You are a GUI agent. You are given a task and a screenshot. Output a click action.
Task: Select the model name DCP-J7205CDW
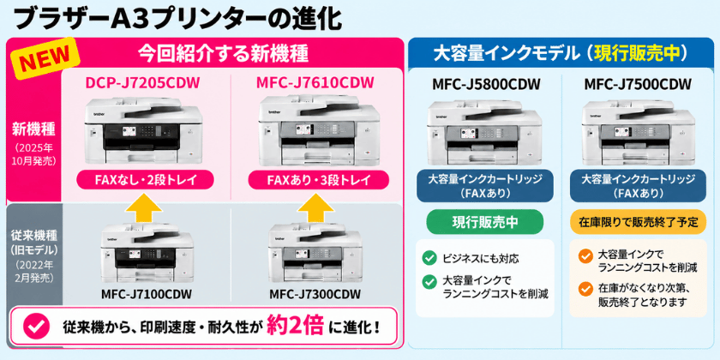(143, 83)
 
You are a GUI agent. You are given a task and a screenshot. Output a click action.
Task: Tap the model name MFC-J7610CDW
(315, 83)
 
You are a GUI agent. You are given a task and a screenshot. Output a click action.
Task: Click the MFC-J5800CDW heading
(486, 85)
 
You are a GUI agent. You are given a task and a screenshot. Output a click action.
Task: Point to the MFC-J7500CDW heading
(638, 85)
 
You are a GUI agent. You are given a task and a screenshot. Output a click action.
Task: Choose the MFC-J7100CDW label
(146, 293)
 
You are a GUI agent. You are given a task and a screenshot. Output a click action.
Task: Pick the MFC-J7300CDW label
(315, 293)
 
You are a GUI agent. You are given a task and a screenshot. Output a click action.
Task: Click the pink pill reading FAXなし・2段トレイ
(145, 179)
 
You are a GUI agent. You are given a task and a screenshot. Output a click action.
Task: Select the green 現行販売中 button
(485, 222)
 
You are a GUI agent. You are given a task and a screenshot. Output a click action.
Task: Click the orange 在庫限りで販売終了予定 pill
(639, 222)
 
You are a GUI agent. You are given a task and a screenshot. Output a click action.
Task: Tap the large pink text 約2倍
(296, 326)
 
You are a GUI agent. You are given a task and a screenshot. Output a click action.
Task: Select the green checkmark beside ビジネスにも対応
(429, 259)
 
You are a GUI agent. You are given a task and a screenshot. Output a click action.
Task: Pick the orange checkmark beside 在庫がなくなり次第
(585, 290)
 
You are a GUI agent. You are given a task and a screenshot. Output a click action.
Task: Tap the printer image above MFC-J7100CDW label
(147, 254)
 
